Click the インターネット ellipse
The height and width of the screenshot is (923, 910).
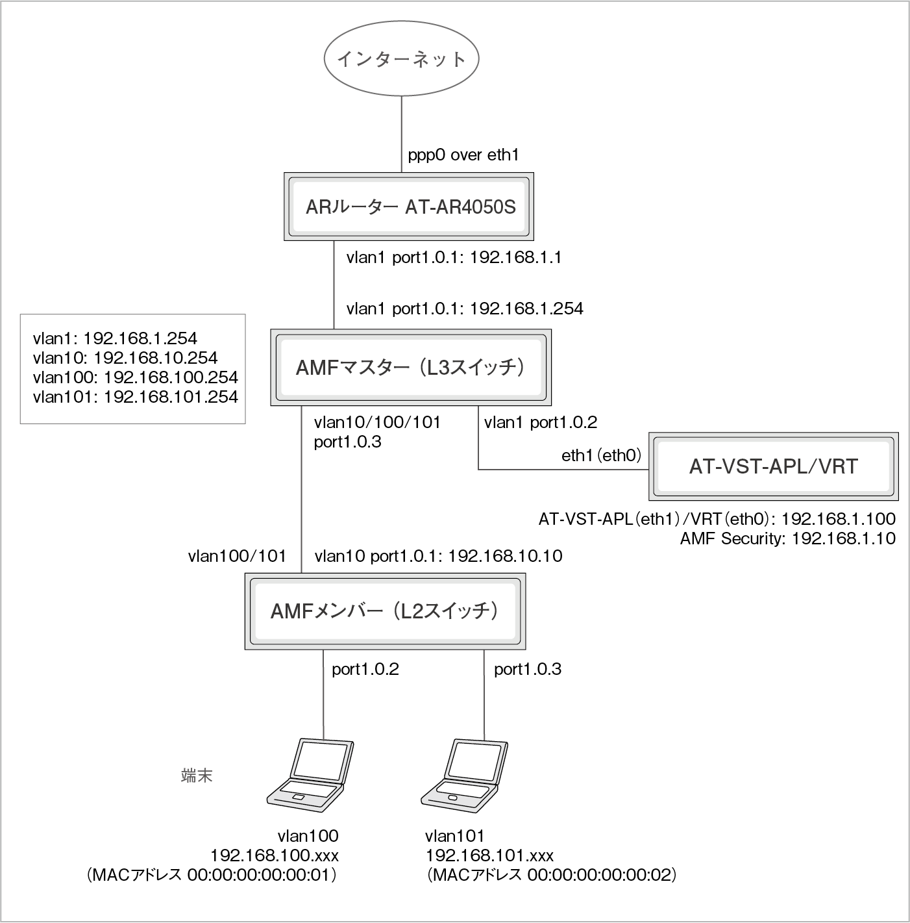pos(401,59)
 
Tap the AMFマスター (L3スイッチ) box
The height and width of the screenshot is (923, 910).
pos(410,368)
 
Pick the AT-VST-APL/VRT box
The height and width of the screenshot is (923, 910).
pos(773,466)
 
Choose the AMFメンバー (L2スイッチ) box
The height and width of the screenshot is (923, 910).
pos(385,611)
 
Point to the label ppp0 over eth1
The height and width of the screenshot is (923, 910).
pos(463,155)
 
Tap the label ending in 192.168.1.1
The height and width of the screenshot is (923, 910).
pos(454,258)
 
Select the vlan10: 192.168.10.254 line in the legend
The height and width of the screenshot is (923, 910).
pos(125,357)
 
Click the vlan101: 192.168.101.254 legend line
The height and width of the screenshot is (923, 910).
pos(135,397)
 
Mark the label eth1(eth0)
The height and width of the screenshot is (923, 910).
pos(601,456)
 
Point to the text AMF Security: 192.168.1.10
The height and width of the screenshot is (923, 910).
pos(787,538)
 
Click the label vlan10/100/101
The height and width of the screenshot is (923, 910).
pos(377,423)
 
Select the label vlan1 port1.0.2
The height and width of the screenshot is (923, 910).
pos(540,423)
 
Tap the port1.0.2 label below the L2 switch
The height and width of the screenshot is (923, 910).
pos(365,670)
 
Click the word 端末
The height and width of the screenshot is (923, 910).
pos(197,776)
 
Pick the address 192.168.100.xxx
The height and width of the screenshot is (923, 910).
pos(274,855)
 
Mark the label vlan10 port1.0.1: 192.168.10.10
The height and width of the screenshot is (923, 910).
pos(438,556)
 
